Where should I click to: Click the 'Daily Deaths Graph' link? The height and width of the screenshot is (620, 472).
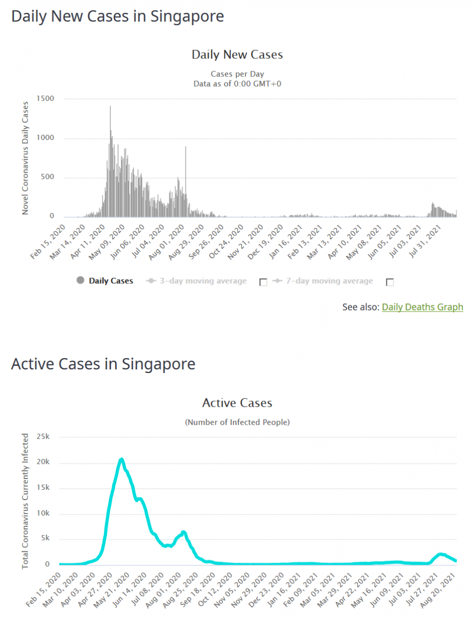coord(422,307)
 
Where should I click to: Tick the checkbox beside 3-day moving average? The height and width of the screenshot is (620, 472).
coord(263,282)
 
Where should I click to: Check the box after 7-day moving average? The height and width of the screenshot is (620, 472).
coord(390,282)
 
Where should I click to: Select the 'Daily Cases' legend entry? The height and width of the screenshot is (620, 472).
coord(111,281)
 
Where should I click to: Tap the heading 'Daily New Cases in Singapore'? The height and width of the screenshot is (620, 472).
coord(117,16)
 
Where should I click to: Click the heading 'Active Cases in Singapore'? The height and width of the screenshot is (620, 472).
coord(103,364)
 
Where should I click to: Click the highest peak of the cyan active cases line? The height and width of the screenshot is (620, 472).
coord(121,459)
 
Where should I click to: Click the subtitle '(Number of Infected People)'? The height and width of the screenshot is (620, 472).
coord(237,422)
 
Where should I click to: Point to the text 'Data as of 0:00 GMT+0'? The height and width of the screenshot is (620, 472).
coord(237,83)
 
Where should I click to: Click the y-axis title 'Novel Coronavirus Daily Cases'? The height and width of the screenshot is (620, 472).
coord(25,158)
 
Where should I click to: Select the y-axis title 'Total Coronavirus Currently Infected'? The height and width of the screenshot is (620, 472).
coord(25,501)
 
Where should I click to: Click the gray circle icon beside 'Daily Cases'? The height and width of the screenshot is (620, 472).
coord(80,281)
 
